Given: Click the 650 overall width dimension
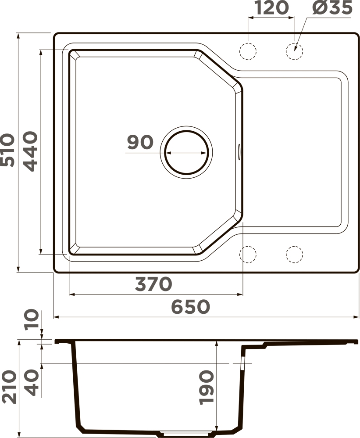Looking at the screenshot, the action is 190,307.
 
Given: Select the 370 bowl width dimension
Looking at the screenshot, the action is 153,284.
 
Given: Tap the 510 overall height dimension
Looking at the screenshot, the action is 7,150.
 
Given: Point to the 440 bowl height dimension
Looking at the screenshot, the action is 30,151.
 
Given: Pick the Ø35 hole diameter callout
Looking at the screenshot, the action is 332,7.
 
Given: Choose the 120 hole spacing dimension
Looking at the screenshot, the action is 271,7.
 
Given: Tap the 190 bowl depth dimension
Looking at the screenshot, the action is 207,388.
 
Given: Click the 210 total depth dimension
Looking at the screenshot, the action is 8,387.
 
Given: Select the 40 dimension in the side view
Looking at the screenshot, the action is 31,382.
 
